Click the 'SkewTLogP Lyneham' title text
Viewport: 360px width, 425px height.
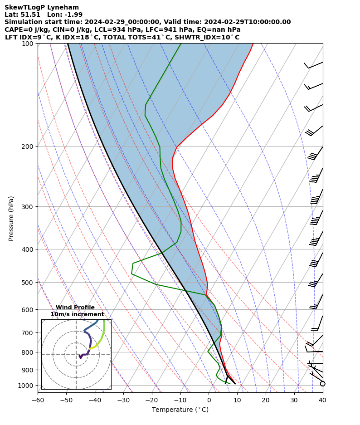click(x=42, y=7)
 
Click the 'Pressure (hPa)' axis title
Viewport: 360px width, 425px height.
click(x=11, y=218)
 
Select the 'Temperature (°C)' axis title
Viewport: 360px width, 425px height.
click(x=180, y=410)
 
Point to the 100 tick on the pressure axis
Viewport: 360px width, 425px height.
click(x=28, y=44)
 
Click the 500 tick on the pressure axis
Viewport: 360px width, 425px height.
click(x=28, y=283)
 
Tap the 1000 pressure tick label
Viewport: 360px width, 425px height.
click(x=26, y=386)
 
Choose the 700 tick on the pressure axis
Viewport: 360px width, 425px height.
click(x=28, y=333)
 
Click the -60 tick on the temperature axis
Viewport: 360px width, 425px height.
click(x=38, y=400)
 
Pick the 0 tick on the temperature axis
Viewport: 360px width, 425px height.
click(x=209, y=400)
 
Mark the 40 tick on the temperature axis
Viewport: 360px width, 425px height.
click(x=322, y=400)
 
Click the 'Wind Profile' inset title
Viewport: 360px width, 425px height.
click(x=75, y=308)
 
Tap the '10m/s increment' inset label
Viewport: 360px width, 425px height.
click(x=77, y=314)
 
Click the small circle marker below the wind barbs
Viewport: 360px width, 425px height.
click(x=323, y=384)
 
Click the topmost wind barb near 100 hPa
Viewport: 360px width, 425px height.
click(x=314, y=65)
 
